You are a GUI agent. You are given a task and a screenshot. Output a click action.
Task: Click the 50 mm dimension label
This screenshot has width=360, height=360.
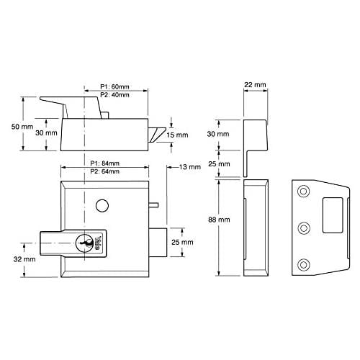coord(22,127)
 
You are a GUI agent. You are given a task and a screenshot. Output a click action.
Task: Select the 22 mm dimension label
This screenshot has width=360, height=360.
coord(255,85)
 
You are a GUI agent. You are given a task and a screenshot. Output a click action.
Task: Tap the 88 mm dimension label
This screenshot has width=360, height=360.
coord(219,220)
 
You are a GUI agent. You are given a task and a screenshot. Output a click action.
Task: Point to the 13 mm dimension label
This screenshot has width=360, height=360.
coord(190,167)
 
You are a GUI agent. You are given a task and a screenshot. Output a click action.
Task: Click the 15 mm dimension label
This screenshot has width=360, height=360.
coord(177,135)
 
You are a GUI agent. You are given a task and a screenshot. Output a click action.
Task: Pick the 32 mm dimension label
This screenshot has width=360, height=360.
coord(24,259)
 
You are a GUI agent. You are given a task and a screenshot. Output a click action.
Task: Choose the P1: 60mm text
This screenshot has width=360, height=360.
coord(114,86)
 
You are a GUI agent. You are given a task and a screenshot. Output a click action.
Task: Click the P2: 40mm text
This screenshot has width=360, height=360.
coord(114,95)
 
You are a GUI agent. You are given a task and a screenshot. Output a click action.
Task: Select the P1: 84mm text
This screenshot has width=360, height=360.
coord(105,163)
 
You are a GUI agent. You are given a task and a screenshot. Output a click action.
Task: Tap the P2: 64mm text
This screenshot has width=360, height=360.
coord(105,171)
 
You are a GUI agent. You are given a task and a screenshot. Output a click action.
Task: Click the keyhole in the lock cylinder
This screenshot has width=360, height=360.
coord(84,243)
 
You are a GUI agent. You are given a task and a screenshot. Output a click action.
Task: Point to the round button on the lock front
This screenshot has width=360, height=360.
coord(102,206)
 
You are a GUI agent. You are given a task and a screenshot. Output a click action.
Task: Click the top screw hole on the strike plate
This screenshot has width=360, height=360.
coord(303,192)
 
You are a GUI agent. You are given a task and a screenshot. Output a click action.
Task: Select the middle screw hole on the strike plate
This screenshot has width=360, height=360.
coord(303,228)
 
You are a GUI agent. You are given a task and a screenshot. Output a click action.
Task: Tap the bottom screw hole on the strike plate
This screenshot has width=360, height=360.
coord(303,265)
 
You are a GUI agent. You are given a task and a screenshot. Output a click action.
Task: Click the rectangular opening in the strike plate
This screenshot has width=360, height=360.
coord(333,215)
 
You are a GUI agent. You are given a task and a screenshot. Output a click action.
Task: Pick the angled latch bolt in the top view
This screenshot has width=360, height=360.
coord(157,135)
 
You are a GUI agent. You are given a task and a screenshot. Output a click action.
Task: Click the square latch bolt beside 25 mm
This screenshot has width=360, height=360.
coord(158,243)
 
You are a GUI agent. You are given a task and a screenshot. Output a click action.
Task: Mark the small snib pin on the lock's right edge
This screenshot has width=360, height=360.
coord(153,204)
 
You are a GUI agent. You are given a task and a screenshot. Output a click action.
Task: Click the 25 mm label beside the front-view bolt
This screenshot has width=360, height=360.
coord(182,242)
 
